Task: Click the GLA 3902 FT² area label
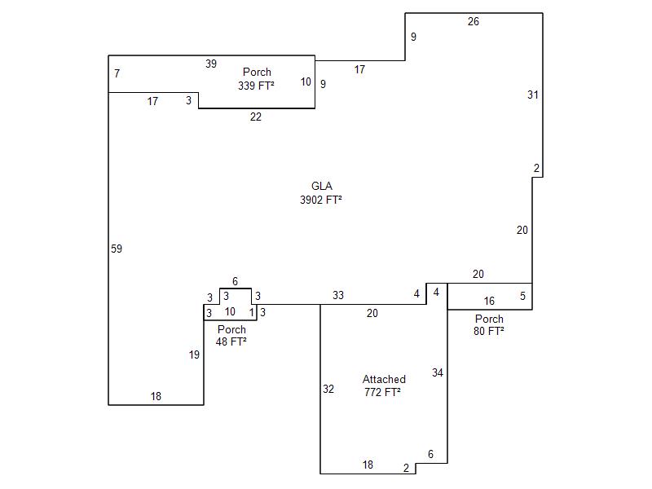(321, 193)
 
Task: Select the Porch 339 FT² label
(257, 78)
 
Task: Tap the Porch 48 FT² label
(231, 336)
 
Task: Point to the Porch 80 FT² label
(489, 324)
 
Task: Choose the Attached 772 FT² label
(383, 385)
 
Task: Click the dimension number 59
(117, 249)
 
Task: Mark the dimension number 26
(474, 22)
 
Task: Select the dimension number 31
(533, 95)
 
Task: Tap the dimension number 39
(211, 64)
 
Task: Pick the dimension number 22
(256, 117)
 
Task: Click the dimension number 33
(338, 295)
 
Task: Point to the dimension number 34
(438, 372)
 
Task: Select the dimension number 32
(328, 389)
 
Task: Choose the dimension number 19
(194, 355)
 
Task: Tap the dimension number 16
(489, 301)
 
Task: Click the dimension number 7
(117, 73)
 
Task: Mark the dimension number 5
(522, 296)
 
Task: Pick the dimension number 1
(252, 312)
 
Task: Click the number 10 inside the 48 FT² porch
(230, 311)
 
